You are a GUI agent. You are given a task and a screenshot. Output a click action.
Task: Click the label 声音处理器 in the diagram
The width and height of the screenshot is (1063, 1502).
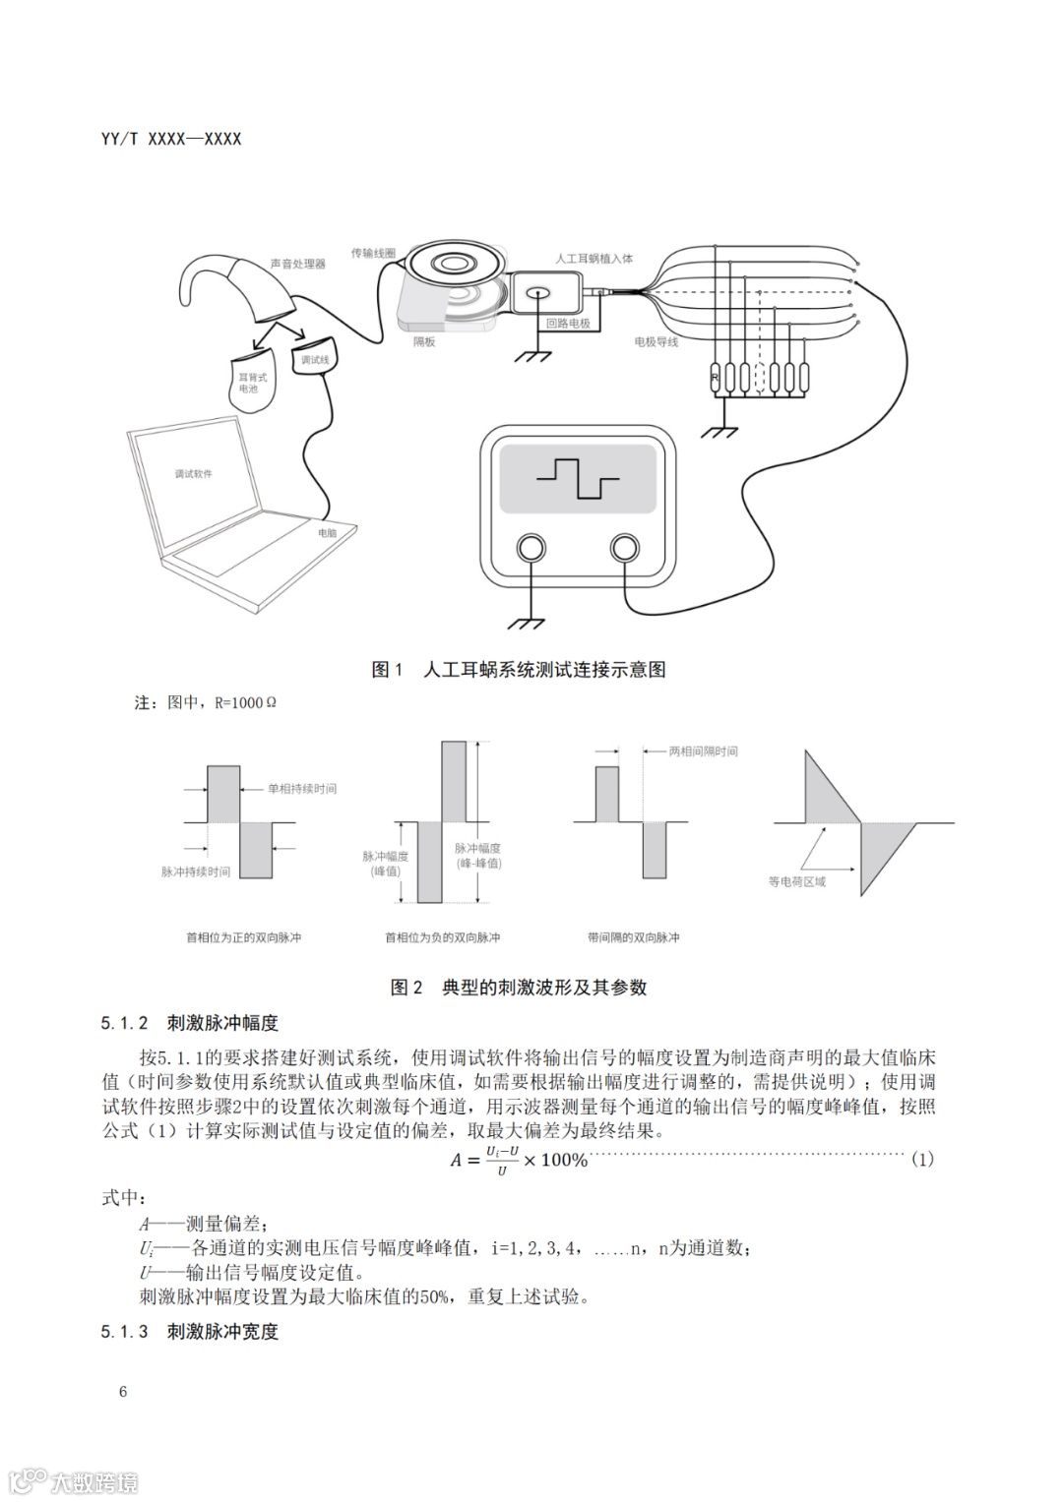297,264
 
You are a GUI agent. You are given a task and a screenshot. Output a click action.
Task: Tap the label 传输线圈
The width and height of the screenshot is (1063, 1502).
373,253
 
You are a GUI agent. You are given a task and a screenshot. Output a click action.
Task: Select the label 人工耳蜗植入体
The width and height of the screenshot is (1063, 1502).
594,259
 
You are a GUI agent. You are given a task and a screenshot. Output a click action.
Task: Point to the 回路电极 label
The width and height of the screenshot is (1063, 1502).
568,323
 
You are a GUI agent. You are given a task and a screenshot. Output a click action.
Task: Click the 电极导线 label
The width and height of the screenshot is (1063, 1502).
656,342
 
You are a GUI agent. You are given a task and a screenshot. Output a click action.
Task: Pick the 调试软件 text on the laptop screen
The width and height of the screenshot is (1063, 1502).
193,474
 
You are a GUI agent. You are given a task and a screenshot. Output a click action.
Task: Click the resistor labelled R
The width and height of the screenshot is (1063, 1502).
716,377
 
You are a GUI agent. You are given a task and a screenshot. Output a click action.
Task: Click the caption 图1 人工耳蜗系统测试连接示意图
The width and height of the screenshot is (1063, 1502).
519,670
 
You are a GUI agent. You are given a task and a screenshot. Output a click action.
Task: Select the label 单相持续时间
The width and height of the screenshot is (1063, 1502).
301,789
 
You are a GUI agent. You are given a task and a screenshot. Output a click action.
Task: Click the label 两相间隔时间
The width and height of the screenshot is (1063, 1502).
703,751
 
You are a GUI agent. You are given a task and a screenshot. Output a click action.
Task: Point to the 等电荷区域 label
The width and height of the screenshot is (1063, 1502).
797,881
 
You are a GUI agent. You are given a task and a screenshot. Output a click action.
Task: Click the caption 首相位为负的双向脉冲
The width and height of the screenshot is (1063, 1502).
442,937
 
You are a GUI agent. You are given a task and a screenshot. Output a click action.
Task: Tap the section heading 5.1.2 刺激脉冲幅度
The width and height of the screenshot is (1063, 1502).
189,1023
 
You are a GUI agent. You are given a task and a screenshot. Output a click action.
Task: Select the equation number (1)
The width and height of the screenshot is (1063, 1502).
921,1159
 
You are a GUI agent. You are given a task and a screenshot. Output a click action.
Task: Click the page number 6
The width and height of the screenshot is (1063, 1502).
123,1391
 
